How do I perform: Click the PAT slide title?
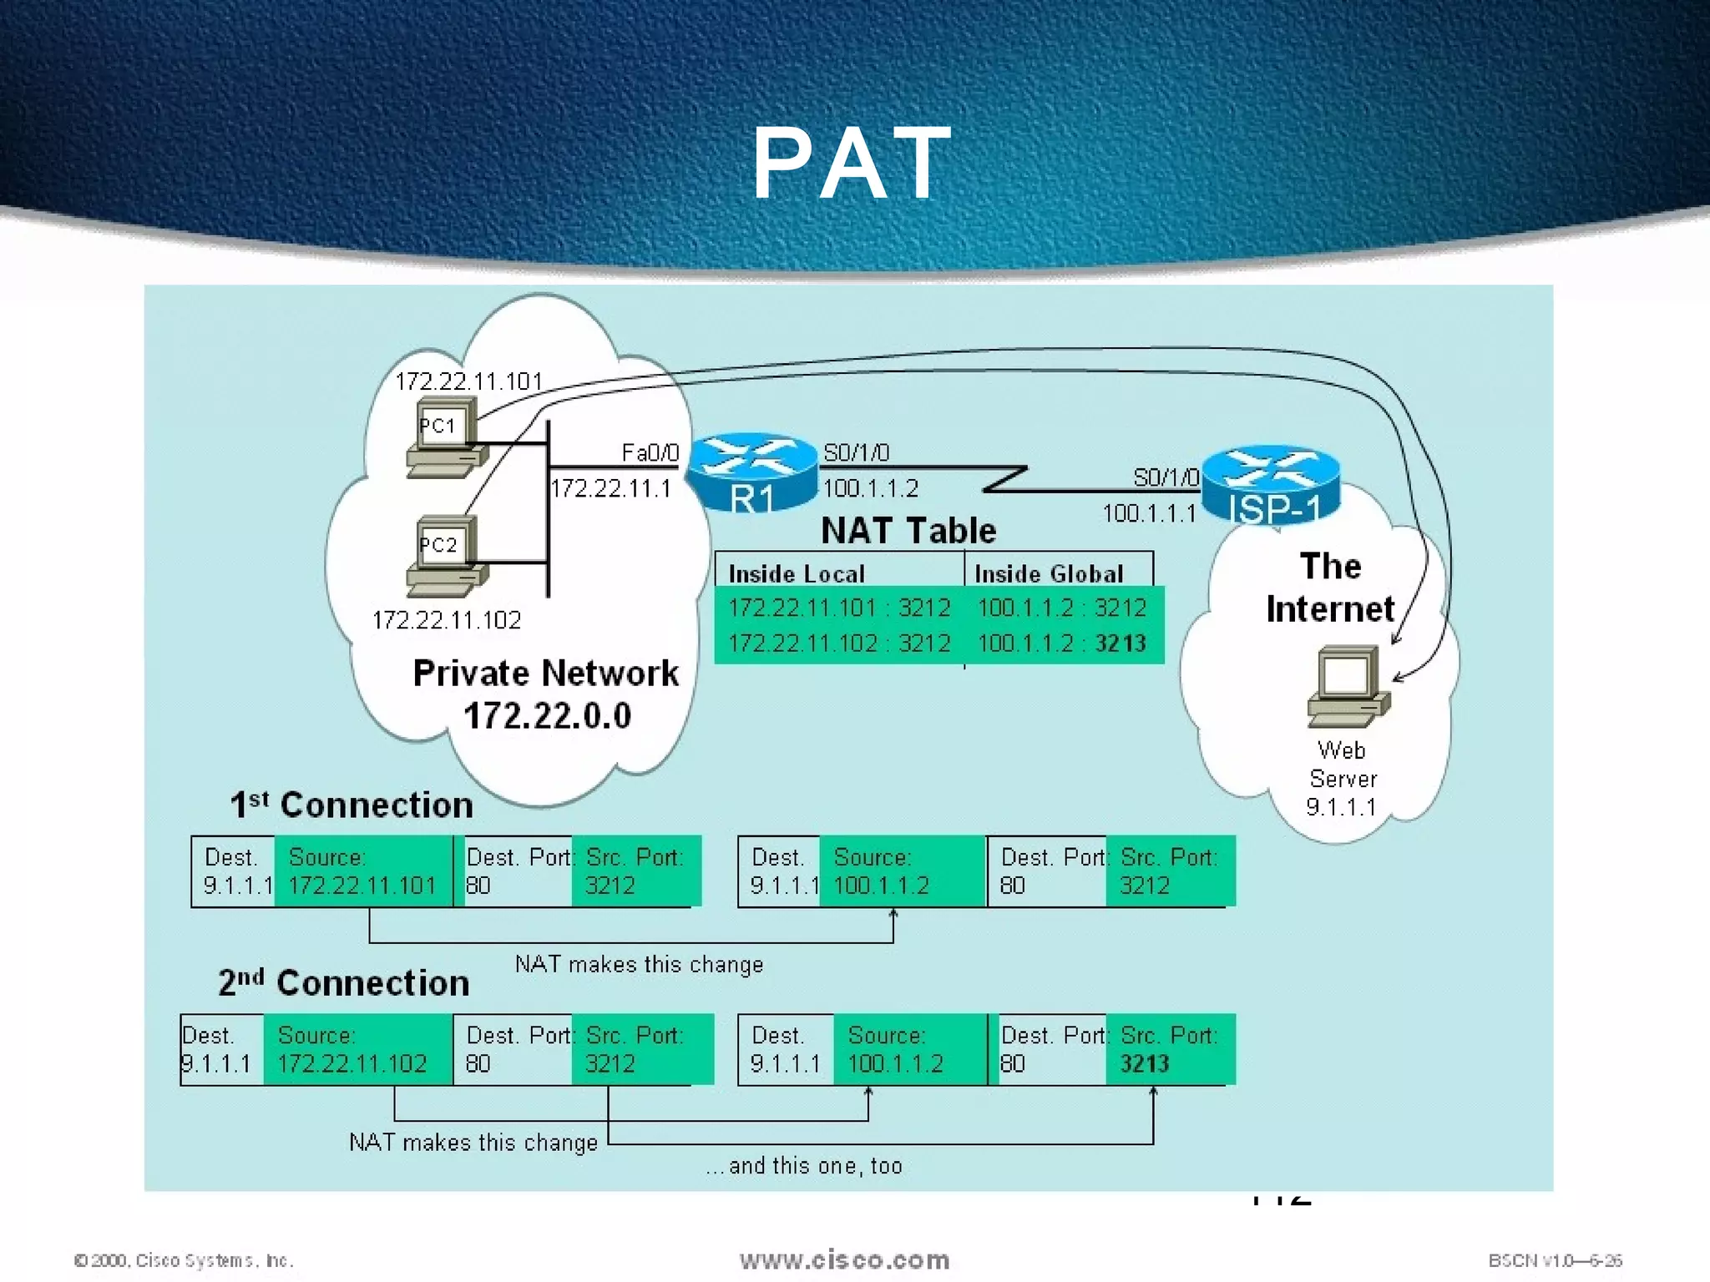pyautogui.click(x=852, y=163)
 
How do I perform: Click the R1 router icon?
pyautogui.click(x=751, y=472)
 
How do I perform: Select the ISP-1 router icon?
pyautogui.click(x=1271, y=484)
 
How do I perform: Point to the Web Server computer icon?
pyautogui.click(x=1347, y=686)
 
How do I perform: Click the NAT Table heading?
pyautogui.click(x=908, y=531)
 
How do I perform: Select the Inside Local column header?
pyautogui.click(x=797, y=573)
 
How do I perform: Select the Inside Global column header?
pyautogui.click(x=1049, y=573)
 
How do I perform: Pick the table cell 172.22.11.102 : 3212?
pyautogui.click(x=839, y=644)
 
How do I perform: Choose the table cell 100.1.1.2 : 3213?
pyautogui.click(x=1061, y=644)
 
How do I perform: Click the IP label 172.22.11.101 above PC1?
pyautogui.click(x=468, y=381)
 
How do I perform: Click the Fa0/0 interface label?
pyautogui.click(x=650, y=452)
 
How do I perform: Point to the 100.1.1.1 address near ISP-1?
pyautogui.click(x=1149, y=512)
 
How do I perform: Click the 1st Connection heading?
pyautogui.click(x=352, y=805)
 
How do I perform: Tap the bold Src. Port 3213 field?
pyautogui.click(x=1168, y=1049)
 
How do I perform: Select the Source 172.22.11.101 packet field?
pyautogui.click(x=362, y=871)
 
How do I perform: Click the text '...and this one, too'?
pyautogui.click(x=804, y=1165)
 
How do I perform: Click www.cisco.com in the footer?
pyautogui.click(x=844, y=1259)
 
